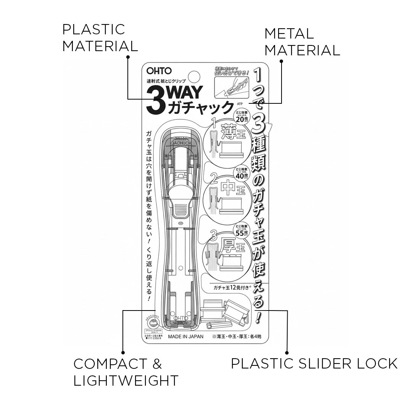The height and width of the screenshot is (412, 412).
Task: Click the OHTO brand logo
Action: (x=159, y=71)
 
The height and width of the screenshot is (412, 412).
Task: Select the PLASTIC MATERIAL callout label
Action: (x=100, y=38)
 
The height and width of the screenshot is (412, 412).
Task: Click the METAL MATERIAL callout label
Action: (x=302, y=42)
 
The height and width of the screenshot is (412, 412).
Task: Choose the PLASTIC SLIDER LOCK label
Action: (x=314, y=364)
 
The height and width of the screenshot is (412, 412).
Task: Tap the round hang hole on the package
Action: (x=195, y=76)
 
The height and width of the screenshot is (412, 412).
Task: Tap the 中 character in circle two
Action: (x=228, y=189)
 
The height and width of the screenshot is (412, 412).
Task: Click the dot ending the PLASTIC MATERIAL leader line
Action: (x=128, y=57)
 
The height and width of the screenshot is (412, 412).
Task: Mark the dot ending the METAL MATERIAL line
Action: (x=282, y=61)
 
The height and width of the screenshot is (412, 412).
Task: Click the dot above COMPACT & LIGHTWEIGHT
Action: (x=123, y=353)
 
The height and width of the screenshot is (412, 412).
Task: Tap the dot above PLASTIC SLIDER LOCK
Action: (x=287, y=353)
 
